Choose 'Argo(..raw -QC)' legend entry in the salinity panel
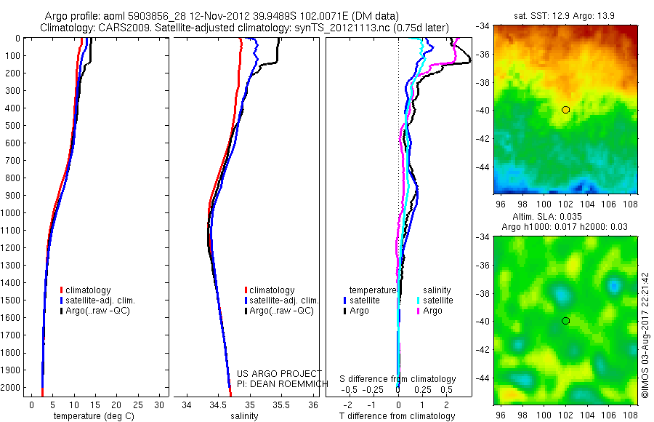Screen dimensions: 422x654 coord(280,311)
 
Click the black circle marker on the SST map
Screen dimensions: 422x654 coord(566,110)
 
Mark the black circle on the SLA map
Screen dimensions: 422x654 coord(566,321)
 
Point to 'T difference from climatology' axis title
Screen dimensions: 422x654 coord(398,416)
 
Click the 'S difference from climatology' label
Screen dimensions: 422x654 coord(398,379)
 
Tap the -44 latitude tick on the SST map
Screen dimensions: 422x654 coord(483,166)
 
